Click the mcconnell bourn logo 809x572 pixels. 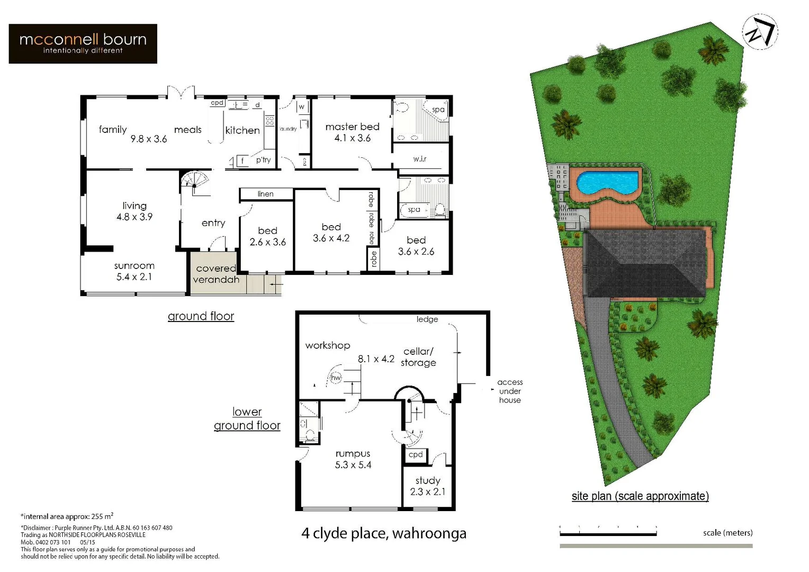pyautogui.click(x=83, y=43)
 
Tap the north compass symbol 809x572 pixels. pyautogui.click(x=759, y=31)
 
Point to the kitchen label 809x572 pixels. pyautogui.click(x=242, y=130)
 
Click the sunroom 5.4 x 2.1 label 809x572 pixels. pyautogui.click(x=134, y=271)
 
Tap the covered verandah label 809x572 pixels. pyautogui.click(x=216, y=274)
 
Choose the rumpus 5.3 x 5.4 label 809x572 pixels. pyautogui.click(x=353, y=459)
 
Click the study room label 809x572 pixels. pyautogui.click(x=428, y=486)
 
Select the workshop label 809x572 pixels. pyautogui.click(x=327, y=345)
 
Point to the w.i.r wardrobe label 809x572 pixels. pyautogui.click(x=420, y=159)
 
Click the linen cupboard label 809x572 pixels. pyautogui.click(x=265, y=194)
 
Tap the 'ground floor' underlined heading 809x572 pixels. pyautogui.click(x=201, y=316)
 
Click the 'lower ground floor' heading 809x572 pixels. pyautogui.click(x=247, y=418)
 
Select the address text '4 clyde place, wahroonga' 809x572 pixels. pyautogui.click(x=384, y=533)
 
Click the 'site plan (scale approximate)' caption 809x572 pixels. pyautogui.click(x=640, y=496)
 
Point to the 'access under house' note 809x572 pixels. pyautogui.click(x=509, y=391)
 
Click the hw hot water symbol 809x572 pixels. pyautogui.click(x=336, y=378)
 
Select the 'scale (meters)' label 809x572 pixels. pyautogui.click(x=727, y=533)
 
